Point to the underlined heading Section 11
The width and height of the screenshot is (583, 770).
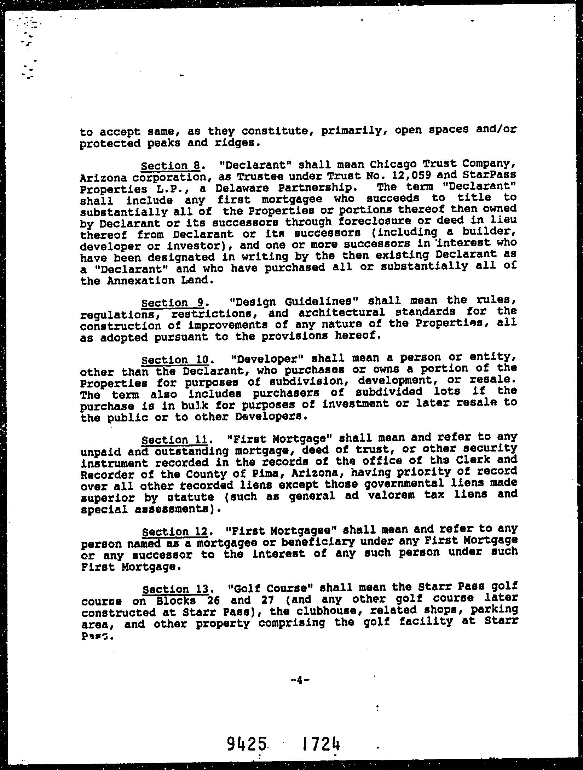tap(174, 440)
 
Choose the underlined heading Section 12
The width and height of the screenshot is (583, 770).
tap(175, 532)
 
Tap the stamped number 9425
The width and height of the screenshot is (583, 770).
tap(246, 744)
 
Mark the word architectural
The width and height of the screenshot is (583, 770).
tap(341, 312)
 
